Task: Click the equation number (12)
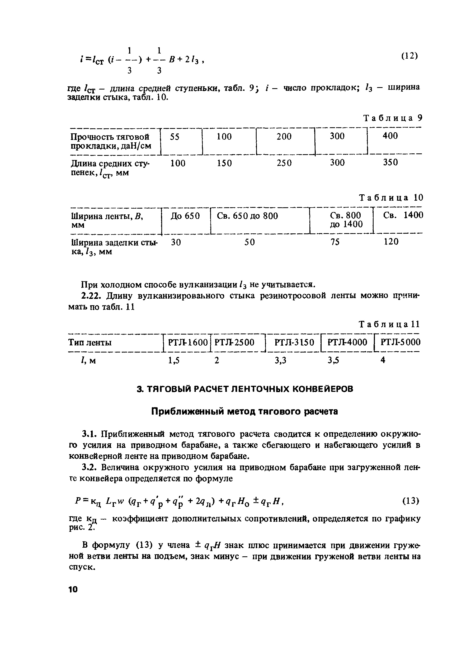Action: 409,56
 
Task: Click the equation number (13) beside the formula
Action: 410,501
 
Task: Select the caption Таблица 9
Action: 393,117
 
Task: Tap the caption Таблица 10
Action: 391,198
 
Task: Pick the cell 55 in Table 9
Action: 175,137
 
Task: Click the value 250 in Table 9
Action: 284,163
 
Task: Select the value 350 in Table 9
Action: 390,162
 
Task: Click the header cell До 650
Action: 185,216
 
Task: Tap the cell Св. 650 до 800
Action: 247,216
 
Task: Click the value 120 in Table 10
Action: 391,242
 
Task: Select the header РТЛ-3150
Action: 294,342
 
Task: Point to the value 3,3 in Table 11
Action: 280,360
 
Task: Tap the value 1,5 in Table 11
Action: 174,360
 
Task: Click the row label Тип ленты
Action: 90,343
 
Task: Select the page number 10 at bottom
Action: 73,589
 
